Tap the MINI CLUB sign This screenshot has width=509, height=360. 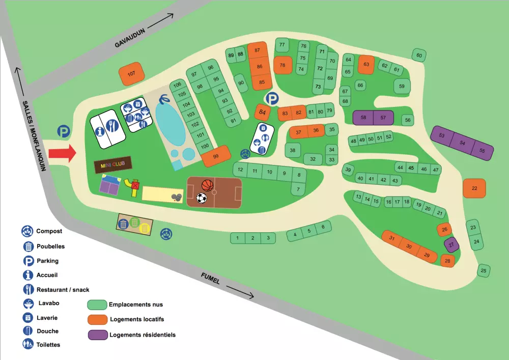pos(113,164)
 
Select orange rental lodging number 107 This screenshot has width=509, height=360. pos(131,74)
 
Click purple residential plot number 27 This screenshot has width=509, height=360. pos(451,245)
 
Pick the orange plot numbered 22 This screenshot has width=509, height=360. pos(474,188)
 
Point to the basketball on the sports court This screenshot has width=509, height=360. pos(207,185)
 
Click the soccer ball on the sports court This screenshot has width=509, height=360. pos(202,198)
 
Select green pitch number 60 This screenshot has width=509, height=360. pos(418,56)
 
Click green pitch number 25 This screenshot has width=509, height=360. pos(484,270)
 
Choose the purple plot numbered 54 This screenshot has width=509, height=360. pos(462,143)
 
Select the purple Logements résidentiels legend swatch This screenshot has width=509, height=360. pos(97,335)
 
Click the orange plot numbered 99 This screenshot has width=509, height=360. pos(216,156)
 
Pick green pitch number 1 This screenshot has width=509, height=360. pos(237,238)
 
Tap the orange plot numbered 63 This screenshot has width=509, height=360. pos(366,65)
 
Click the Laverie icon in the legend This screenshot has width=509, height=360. pos(27,318)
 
